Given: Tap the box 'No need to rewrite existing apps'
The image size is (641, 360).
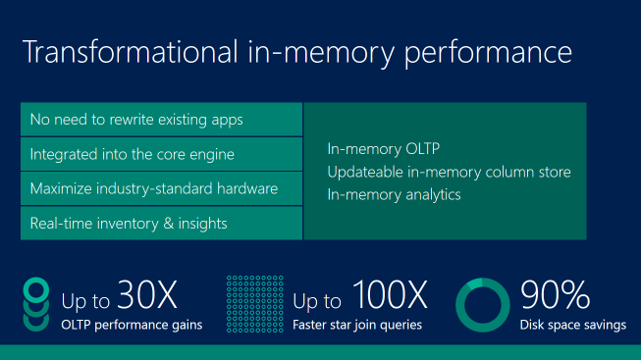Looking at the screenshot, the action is (161, 120).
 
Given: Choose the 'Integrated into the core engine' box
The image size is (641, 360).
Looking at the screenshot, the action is (161, 154).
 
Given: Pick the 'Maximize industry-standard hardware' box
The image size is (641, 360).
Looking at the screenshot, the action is (161, 188).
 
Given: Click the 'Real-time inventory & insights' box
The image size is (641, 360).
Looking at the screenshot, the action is (161, 223).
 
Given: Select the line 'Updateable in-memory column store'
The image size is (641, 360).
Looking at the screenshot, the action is (449, 172).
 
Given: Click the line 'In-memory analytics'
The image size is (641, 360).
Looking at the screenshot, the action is (394, 194).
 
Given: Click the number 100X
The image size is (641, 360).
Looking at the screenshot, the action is (391, 294).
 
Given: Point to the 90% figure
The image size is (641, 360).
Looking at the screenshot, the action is (555, 294).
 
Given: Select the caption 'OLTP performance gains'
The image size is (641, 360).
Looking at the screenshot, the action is (132, 325).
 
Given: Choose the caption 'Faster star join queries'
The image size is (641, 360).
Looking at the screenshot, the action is (357, 325).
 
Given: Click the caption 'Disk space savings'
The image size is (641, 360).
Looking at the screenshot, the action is (572, 325).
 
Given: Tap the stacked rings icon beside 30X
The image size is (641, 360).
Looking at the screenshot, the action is (35, 304).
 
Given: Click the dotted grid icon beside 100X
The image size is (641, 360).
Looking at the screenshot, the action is (253, 304).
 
